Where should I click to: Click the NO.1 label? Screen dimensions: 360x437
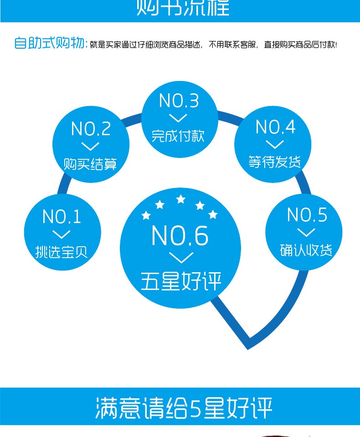(62, 217)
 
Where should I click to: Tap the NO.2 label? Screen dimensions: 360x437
(91, 129)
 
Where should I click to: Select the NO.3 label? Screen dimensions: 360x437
(179, 101)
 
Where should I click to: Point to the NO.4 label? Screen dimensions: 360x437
(275, 127)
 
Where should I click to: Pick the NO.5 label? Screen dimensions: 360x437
(307, 215)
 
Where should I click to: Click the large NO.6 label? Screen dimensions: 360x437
(180, 236)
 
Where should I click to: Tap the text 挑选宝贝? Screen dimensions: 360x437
(62, 251)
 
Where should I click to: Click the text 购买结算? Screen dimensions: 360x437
(90, 164)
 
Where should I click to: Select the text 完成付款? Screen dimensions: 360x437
(178, 136)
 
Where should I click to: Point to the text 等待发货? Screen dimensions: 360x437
(275, 162)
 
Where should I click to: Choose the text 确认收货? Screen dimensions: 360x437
(306, 250)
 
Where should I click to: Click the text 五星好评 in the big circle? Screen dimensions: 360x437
(181, 282)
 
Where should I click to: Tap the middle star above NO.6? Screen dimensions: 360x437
(181, 199)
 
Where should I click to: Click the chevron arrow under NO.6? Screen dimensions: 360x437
(181, 257)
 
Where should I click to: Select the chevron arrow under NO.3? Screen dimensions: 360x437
(178, 118)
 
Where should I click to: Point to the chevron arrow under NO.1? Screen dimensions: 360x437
(62, 234)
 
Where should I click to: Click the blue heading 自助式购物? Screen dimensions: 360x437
(50, 44)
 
